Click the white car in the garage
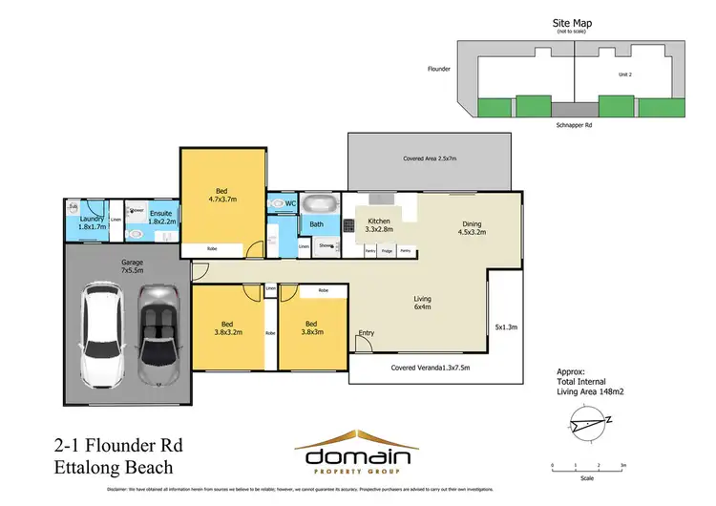pos(103,333)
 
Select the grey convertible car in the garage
pos(158,333)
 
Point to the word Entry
pos(366,333)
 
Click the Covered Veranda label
pos(431,368)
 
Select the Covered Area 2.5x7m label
pos(430,158)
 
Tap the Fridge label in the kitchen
pos(388,251)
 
